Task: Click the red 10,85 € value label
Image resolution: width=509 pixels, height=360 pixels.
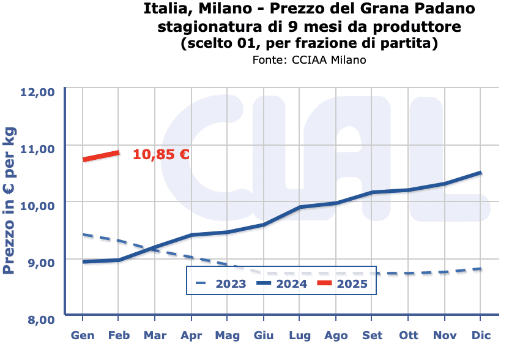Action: tap(161, 154)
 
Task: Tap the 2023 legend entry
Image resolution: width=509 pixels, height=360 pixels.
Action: tap(221, 283)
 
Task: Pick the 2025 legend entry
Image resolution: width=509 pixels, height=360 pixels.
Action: tap(342, 283)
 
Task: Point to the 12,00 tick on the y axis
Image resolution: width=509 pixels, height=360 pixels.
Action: tap(38, 92)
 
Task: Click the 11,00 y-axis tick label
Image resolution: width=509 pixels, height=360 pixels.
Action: tap(38, 148)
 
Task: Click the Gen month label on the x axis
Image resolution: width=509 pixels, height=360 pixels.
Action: tap(83, 336)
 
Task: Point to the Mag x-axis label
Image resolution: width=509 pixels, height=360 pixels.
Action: tap(227, 336)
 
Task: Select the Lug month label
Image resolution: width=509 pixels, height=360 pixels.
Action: tap(300, 336)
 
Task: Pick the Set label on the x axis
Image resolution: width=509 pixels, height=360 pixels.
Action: tap(372, 336)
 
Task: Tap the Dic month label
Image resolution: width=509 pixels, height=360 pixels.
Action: tap(481, 336)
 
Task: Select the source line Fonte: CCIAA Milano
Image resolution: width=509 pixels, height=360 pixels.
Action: tap(309, 59)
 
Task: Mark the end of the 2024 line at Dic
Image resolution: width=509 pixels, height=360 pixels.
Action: tap(481, 173)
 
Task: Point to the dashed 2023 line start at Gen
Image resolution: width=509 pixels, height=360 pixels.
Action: tap(83, 234)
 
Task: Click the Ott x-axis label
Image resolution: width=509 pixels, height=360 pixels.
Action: tap(408, 336)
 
